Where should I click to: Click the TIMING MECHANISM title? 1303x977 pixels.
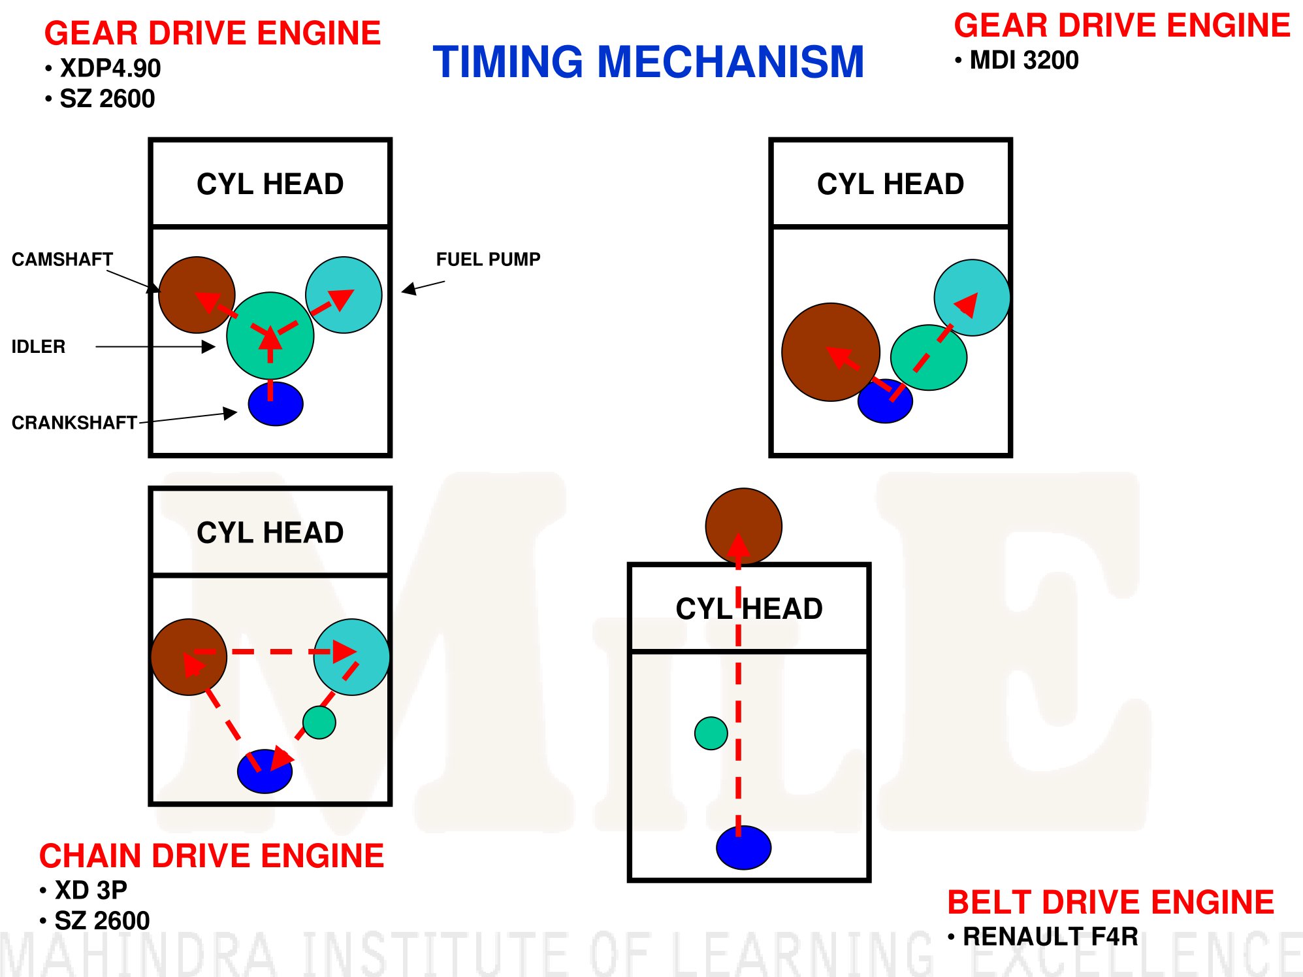coord(649,62)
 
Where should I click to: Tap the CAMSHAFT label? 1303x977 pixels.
coord(63,259)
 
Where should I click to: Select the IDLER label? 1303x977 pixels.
coord(39,346)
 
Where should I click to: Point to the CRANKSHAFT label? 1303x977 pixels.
coord(74,423)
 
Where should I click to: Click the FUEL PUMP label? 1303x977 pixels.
coord(488,259)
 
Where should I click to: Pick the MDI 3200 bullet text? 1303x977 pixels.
coord(1023,60)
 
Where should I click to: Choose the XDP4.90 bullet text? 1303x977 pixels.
coord(110,68)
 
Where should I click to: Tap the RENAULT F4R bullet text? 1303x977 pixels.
coord(1050,936)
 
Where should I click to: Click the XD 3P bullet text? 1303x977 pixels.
coord(91,890)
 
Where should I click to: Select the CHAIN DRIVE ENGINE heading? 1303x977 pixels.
coord(212,856)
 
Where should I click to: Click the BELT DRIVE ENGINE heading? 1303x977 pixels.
coord(1110,902)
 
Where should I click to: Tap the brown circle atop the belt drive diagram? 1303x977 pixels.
coord(743,526)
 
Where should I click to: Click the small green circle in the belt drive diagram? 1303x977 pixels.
coord(711,733)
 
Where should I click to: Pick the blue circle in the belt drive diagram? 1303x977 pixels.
coord(743,848)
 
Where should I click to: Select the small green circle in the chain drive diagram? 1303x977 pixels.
coord(319,722)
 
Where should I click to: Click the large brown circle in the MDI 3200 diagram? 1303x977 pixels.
coord(831,352)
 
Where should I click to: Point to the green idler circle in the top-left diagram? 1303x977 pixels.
coord(270,336)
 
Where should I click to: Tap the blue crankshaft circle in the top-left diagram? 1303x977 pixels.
coord(276,404)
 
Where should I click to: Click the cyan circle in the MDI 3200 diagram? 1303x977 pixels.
coord(972,297)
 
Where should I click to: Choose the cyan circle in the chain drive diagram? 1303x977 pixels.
coord(351,657)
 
